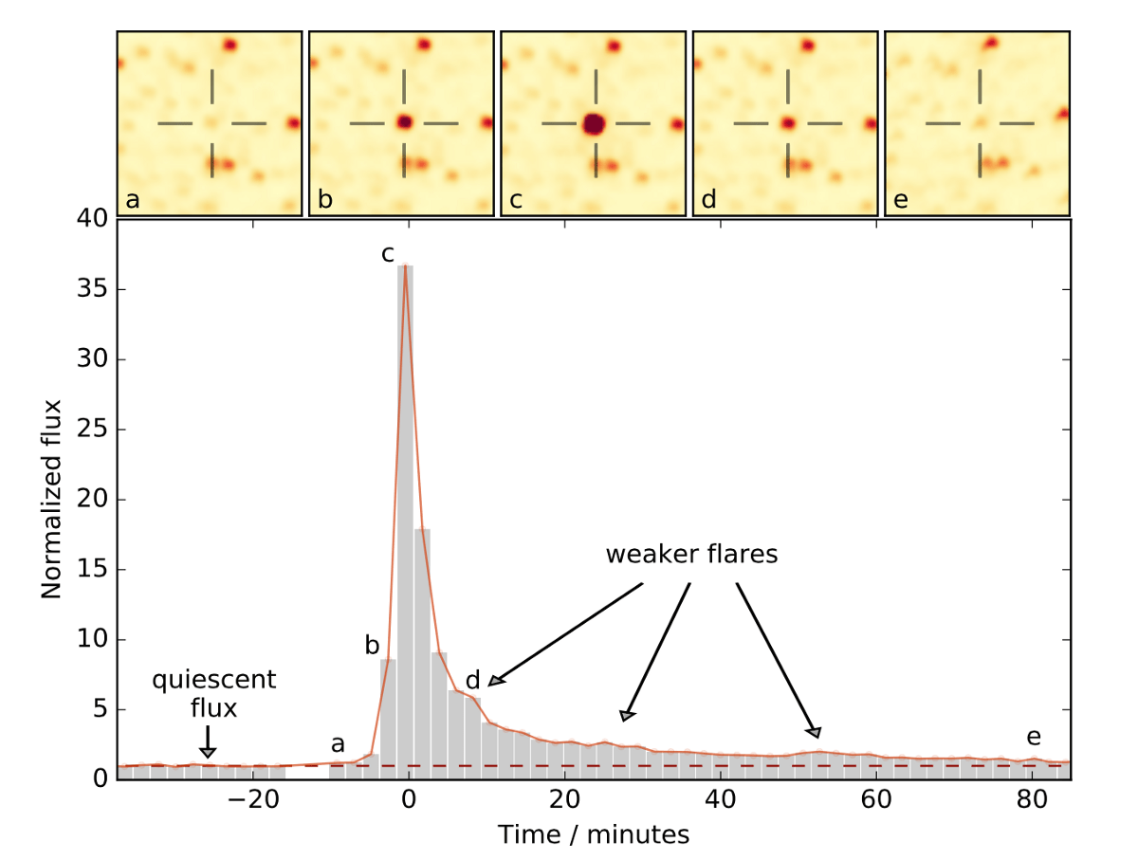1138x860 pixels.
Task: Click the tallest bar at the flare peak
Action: [406, 521]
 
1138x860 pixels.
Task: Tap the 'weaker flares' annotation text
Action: [691, 555]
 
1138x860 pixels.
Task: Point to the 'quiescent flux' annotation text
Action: [214, 691]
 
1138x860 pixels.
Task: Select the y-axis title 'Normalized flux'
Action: [51, 499]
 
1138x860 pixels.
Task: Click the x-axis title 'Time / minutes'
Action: [594, 834]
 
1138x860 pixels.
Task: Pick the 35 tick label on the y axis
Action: [91, 289]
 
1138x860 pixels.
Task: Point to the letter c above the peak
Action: [388, 253]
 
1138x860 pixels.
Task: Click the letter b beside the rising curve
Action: [372, 647]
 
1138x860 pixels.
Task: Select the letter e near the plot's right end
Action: [1034, 738]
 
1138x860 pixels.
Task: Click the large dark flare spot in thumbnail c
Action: [594, 124]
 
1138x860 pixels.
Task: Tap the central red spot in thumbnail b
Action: [405, 122]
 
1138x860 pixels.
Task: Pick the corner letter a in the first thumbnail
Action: [131, 201]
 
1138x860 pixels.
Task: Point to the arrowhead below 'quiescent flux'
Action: [208, 753]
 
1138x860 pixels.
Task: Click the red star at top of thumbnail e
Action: [991, 42]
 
